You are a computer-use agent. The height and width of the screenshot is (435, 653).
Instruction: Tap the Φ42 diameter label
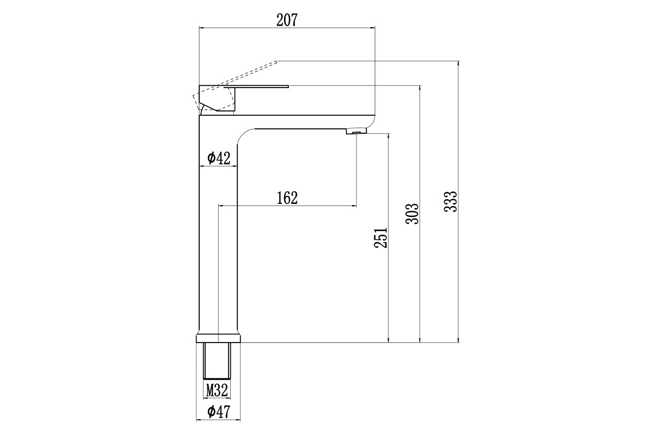219,158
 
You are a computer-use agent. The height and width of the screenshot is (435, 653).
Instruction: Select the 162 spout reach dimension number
287,198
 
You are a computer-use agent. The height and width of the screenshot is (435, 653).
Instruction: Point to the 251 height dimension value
381,238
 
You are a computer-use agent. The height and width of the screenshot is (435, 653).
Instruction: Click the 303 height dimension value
412,214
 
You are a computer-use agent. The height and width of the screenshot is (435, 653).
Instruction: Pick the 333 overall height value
451,201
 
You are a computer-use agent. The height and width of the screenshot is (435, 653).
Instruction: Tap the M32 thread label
217,390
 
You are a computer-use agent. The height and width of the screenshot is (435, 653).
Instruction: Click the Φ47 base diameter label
219,412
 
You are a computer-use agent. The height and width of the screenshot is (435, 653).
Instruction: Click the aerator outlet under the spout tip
356,132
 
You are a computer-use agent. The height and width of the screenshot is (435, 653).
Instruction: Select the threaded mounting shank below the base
217,361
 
